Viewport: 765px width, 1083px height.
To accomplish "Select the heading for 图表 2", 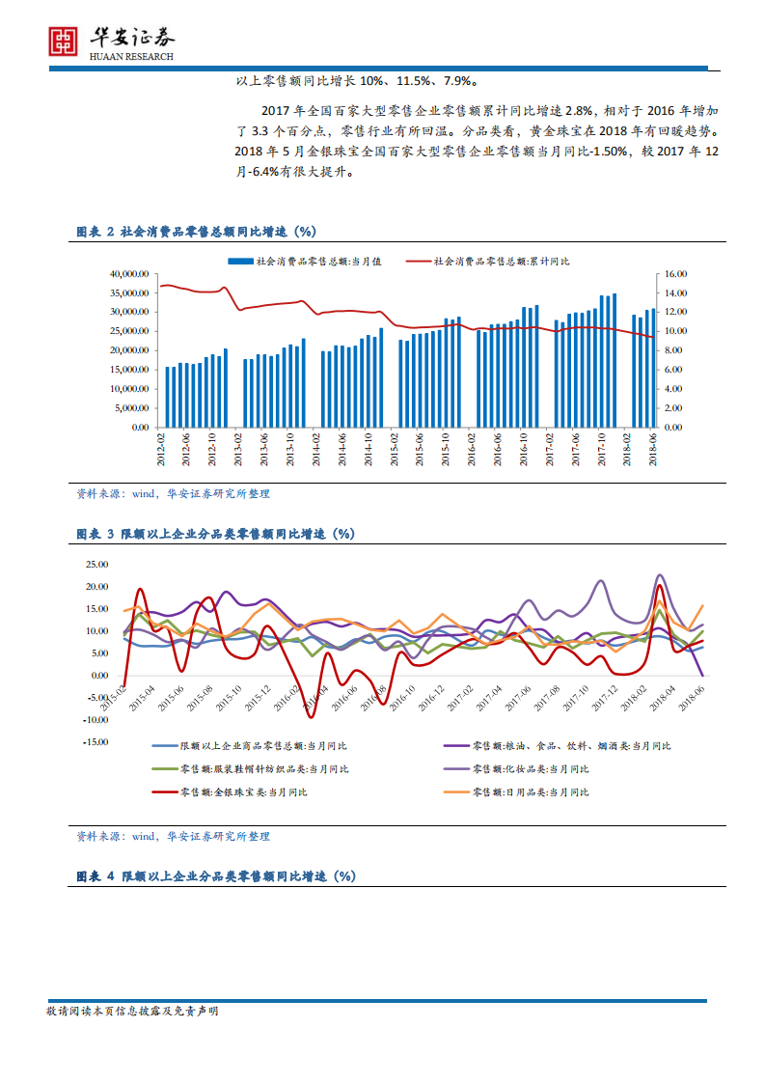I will pyautogui.click(x=197, y=232).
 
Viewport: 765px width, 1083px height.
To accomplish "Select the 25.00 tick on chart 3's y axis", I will pyautogui.click(x=98, y=565).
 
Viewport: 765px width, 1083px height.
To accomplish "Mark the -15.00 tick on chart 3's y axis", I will pyautogui.click(x=96, y=742).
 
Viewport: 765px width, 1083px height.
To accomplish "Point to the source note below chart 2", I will pyautogui.click(x=174, y=493).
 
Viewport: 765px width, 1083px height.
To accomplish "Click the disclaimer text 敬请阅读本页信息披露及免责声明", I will pyautogui.click(x=133, y=1012).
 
